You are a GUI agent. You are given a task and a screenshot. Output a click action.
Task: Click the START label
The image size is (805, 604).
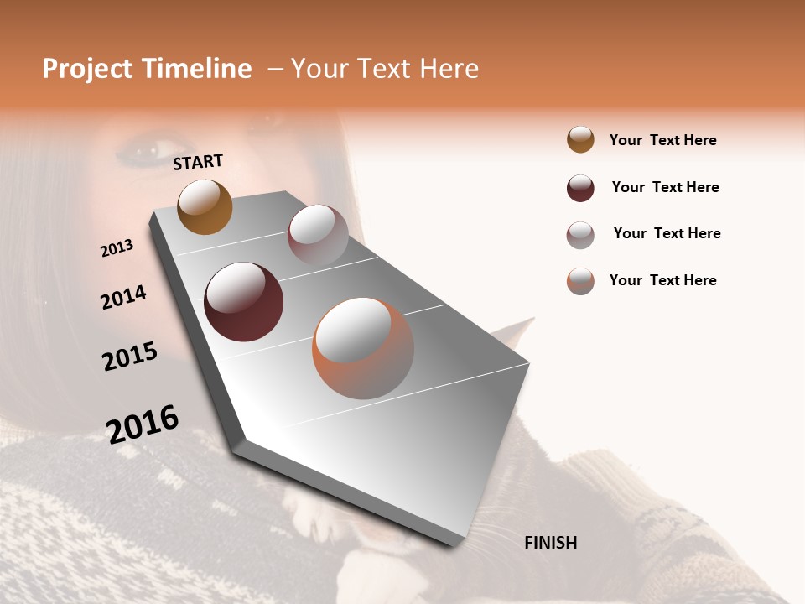[198, 162]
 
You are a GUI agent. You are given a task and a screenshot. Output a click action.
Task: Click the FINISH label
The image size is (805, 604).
[550, 543]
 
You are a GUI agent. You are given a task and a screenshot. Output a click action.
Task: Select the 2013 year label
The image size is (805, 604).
[117, 248]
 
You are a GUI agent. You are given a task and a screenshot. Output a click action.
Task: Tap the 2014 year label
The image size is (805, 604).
[123, 297]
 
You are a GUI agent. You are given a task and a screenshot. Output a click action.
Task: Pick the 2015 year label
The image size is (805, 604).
[129, 357]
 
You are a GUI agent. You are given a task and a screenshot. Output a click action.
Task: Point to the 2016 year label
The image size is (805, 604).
[143, 424]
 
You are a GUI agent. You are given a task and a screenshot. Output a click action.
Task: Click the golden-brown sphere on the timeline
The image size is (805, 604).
[205, 206]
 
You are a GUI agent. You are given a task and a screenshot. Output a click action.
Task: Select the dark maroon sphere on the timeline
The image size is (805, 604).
[243, 302]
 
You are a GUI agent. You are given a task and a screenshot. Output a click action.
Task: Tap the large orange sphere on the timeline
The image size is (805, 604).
[363, 348]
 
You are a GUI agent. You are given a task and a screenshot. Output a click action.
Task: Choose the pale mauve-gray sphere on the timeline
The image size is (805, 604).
[318, 235]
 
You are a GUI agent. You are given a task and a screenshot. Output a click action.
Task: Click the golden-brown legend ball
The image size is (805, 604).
[580, 139]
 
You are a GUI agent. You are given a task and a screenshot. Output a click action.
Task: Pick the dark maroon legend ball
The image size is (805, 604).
[580, 188]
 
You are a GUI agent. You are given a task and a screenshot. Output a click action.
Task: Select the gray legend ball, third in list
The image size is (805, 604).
[580, 235]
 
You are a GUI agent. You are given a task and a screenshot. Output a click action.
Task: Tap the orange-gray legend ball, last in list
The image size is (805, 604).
[580, 281]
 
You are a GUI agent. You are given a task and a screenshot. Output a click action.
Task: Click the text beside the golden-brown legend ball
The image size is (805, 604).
[662, 140]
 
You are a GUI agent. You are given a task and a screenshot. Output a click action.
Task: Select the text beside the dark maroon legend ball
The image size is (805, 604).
[665, 187]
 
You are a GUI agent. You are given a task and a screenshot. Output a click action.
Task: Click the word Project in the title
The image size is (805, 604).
[87, 69]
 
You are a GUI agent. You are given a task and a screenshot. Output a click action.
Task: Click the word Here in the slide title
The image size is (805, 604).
[449, 69]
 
